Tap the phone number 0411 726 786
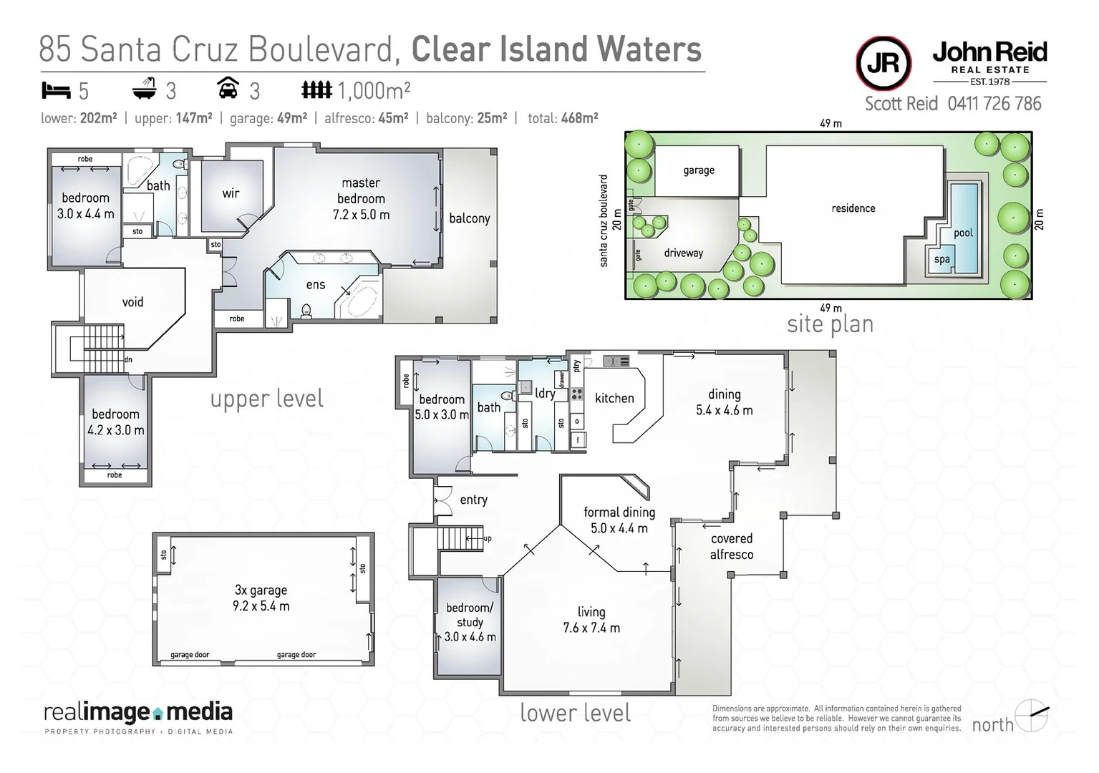click(x=994, y=104)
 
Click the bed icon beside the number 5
click(x=56, y=91)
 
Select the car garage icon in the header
click(x=228, y=89)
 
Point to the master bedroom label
click(x=361, y=198)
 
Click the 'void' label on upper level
click(x=132, y=302)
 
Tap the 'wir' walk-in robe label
click(x=231, y=193)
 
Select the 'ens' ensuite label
click(x=316, y=285)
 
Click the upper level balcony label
click(x=470, y=218)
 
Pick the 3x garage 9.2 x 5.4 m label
click(x=261, y=598)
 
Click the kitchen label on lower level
click(x=614, y=398)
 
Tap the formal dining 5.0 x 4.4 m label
click(x=619, y=520)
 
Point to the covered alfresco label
click(x=731, y=546)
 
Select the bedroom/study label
click(x=470, y=622)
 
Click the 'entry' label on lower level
click(x=473, y=500)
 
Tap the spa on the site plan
click(x=941, y=259)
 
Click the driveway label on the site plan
click(x=683, y=253)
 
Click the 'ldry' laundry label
click(x=545, y=393)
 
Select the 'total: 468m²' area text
click(x=563, y=119)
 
